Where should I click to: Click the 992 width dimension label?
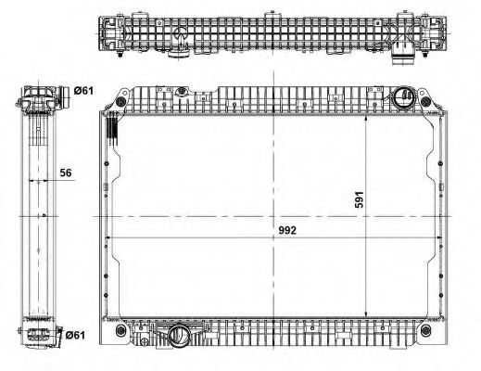[287, 230]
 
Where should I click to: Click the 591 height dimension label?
[359, 199]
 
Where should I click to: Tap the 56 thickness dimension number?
[66, 173]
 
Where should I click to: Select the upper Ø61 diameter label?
[83, 91]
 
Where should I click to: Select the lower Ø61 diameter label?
[75, 335]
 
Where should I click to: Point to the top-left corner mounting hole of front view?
[120, 101]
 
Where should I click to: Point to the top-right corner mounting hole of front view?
[425, 100]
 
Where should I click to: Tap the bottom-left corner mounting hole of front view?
[120, 330]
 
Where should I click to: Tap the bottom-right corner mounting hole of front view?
[425, 330]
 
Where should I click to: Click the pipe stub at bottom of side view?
[59, 333]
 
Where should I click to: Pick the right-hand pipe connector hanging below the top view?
[403, 56]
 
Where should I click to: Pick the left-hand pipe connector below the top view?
[179, 54]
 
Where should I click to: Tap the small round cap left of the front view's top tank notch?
[182, 92]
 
